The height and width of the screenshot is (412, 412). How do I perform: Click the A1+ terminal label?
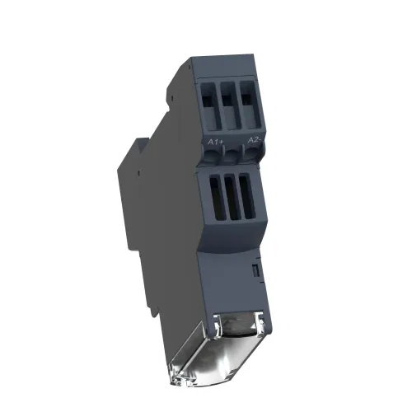(x=216, y=142)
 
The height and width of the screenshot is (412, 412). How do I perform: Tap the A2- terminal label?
(x=255, y=140)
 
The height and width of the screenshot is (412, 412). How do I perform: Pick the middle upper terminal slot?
(x=231, y=105)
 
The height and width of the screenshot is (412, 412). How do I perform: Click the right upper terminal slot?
(x=250, y=104)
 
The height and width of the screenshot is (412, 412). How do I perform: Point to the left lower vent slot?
(x=218, y=199)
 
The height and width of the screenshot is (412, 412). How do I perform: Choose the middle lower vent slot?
(x=232, y=198)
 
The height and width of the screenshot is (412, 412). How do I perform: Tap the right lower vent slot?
(x=247, y=197)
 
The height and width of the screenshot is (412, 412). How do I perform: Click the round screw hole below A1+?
(x=211, y=155)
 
